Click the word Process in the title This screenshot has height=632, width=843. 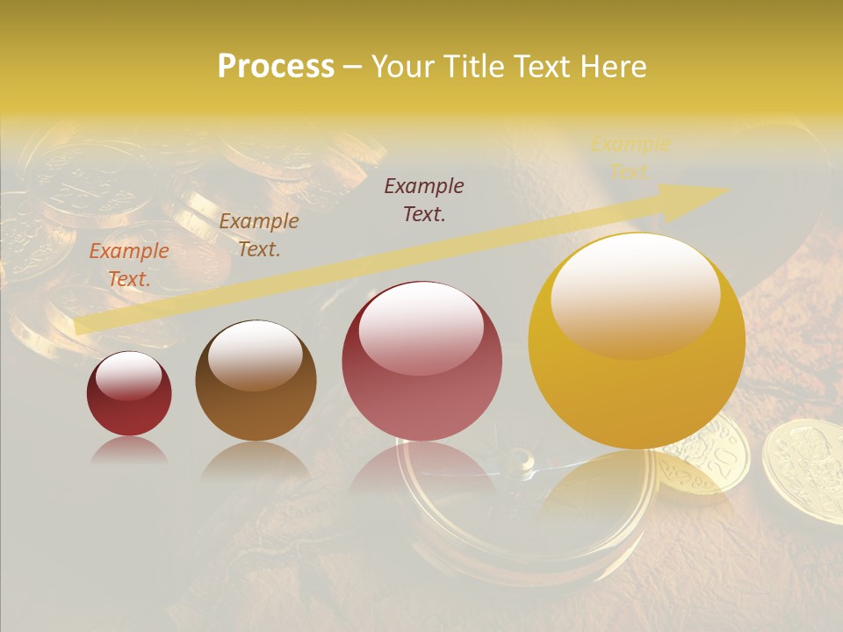click(x=276, y=66)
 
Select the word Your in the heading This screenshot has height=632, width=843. click(x=403, y=66)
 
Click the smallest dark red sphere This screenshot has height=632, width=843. click(x=129, y=394)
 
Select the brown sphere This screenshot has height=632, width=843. click(x=256, y=381)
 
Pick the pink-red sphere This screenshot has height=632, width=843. click(x=421, y=361)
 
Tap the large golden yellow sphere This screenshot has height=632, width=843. click(x=637, y=341)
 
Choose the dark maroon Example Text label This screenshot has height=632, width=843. click(x=424, y=199)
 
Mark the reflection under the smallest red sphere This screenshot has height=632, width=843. click(x=129, y=449)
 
